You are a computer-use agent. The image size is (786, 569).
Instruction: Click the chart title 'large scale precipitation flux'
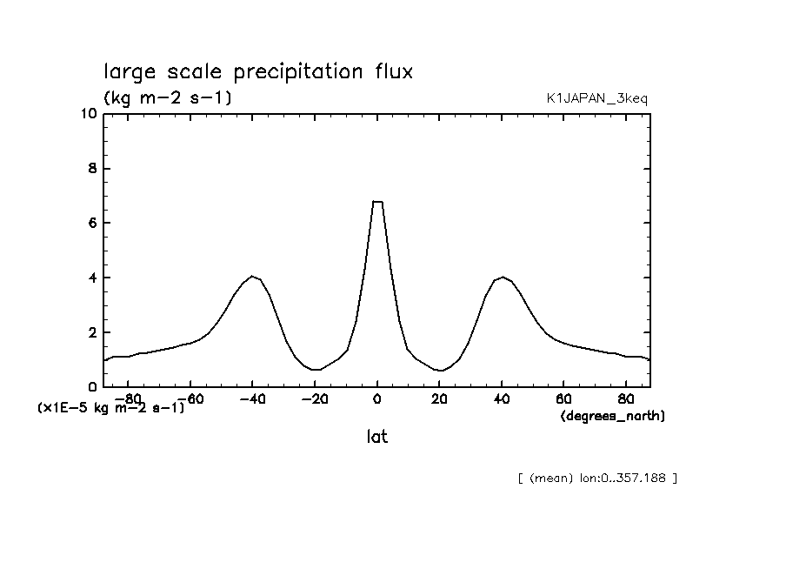pos(258,71)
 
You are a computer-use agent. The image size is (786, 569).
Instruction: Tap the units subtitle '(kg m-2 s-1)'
pos(167,98)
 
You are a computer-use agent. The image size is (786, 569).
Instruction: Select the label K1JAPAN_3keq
pos(596,99)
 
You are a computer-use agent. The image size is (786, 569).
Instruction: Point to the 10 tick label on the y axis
pos(87,114)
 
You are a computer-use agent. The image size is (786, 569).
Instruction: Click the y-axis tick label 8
pos(91,169)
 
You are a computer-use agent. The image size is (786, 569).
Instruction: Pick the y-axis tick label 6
pos(91,224)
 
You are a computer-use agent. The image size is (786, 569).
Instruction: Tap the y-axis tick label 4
pos(91,278)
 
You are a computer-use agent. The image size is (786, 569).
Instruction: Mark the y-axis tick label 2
pos(91,333)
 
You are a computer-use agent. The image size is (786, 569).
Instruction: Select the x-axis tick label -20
pos(311,399)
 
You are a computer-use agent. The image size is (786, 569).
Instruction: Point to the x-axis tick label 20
pos(439,399)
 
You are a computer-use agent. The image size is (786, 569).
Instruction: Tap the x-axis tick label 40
pos(502,399)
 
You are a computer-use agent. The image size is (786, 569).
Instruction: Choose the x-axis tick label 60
pos(563,399)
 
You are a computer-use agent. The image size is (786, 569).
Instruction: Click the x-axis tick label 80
pos(626,399)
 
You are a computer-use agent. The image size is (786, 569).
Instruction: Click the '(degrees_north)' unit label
pos(612,417)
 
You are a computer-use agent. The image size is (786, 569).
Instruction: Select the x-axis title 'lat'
pos(376,437)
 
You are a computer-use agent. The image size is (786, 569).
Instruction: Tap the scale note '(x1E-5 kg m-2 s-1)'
pos(110,407)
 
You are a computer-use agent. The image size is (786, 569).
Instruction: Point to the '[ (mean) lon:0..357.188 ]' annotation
pos(596,478)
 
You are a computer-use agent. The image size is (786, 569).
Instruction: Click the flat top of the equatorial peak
pos(377,202)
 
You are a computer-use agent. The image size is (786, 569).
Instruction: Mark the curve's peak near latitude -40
pos(252,277)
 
